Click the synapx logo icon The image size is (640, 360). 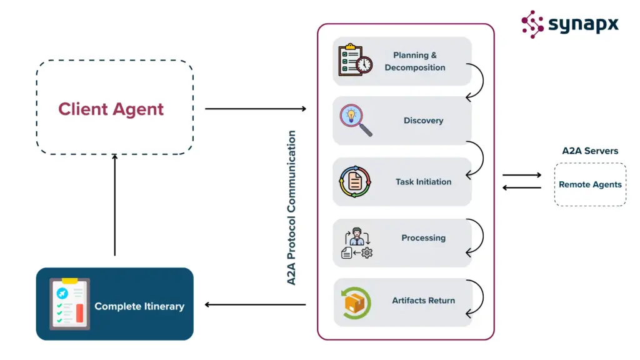coord(532,24)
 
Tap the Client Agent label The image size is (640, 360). coord(111,109)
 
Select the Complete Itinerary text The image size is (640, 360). coord(139,306)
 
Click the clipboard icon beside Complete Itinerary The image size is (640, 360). coord(69,304)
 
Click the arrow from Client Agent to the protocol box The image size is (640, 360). coord(256,109)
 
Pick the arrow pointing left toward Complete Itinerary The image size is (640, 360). coord(256,305)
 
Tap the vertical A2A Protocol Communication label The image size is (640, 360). coord(292,207)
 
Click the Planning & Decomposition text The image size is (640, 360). coord(415,61)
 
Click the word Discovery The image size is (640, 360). coord(423,121)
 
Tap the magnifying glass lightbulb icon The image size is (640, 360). coord(355,120)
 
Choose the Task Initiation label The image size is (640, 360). coord(423,182)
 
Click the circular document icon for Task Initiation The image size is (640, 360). coord(355,182)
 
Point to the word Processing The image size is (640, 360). coord(423,237)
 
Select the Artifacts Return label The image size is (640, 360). coord(423,301)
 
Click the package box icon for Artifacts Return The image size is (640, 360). coord(355,302)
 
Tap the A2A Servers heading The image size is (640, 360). coord(590,151)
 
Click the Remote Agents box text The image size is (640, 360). coord(590,184)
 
